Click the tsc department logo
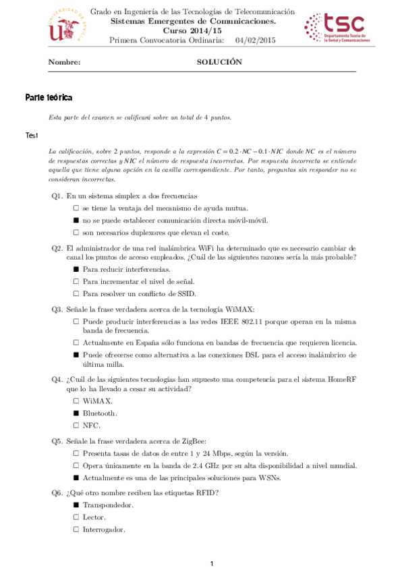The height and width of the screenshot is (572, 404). (335, 28)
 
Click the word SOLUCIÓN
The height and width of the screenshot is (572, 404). (219, 62)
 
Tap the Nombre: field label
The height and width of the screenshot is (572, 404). (65, 62)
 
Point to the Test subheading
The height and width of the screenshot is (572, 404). (32, 136)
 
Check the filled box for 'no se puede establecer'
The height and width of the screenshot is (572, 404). (76, 221)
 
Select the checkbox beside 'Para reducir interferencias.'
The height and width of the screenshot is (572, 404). (76, 269)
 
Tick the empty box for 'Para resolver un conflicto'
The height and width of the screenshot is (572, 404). (76, 293)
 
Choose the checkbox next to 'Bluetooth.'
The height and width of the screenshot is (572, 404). (76, 413)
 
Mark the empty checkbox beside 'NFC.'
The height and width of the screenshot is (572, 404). (76, 425)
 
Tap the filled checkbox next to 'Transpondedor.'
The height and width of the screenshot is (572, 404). (76, 505)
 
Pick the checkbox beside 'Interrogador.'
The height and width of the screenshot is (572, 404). (76, 530)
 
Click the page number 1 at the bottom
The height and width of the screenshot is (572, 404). (212, 563)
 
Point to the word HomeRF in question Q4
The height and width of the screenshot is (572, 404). (342, 378)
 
